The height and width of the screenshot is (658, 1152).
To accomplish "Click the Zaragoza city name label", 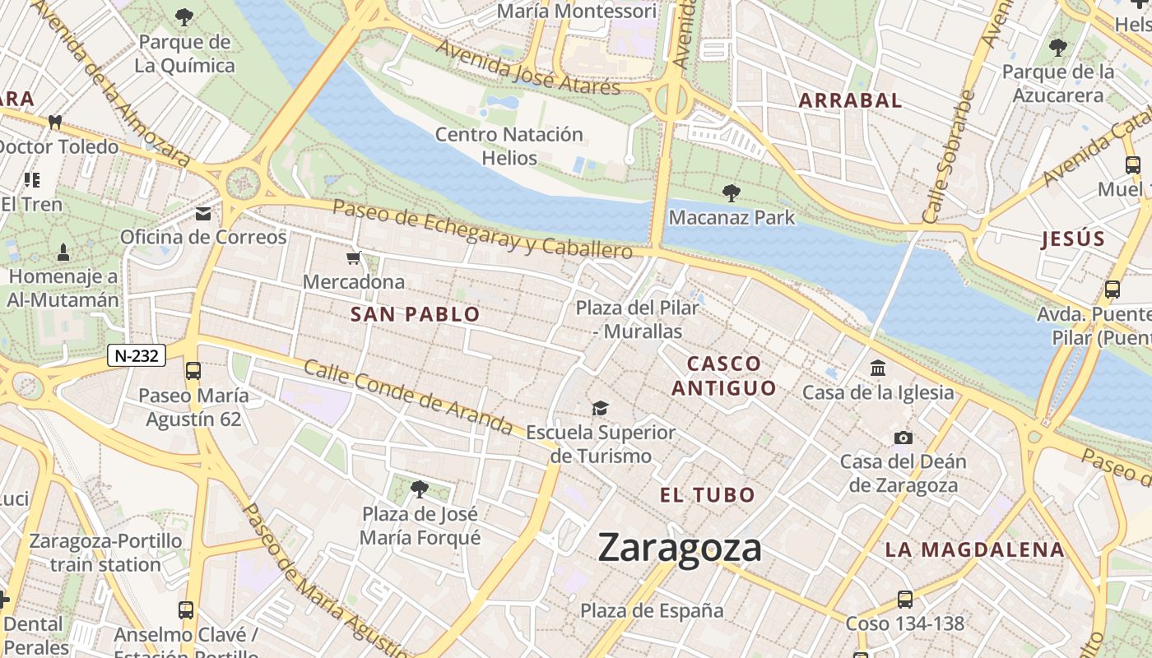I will [x=680, y=548].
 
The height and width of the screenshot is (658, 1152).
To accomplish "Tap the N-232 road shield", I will [x=137, y=355].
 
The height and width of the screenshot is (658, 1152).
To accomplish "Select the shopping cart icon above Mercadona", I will [x=354, y=258].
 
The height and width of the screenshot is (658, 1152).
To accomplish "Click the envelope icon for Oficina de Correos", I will [x=203, y=214].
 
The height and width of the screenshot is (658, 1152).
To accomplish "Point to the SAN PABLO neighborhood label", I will [x=415, y=314].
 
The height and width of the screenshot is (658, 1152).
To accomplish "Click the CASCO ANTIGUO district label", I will [x=724, y=376].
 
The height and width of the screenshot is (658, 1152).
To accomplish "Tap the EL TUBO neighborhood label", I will [x=708, y=495].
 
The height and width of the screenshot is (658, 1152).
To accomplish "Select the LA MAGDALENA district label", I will [x=974, y=550].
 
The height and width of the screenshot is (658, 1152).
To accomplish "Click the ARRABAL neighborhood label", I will [x=851, y=101].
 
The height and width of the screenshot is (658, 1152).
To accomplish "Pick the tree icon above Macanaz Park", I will [x=731, y=193].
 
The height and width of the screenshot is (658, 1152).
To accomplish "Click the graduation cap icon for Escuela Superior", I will [x=601, y=409].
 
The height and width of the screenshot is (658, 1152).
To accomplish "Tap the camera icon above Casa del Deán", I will [x=903, y=438].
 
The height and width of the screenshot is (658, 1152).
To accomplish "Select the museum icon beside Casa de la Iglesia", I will [x=878, y=368].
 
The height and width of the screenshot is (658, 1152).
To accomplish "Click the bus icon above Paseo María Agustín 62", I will [x=193, y=371].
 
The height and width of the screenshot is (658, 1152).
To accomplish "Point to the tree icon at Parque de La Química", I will [x=184, y=16].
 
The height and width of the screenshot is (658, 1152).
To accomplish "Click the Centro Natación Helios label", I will [x=509, y=146].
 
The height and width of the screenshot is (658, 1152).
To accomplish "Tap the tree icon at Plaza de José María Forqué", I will [x=420, y=489].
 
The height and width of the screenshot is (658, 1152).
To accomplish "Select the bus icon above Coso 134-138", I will [x=905, y=599].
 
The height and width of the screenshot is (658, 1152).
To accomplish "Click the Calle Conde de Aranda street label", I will [x=408, y=396].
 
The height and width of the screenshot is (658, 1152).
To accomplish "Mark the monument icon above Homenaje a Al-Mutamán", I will [x=63, y=252].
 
